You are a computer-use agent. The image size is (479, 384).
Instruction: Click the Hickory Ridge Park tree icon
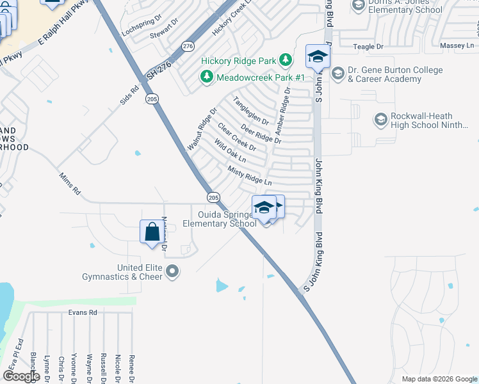285,61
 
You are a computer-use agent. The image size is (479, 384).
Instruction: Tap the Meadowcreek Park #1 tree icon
207,77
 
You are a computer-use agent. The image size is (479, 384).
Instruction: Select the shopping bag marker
152,232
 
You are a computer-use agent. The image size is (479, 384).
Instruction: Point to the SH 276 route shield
188,46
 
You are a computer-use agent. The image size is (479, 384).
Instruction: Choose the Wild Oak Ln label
230,151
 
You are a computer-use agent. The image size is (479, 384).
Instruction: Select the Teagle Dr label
369,47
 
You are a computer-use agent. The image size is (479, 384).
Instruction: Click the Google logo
22,376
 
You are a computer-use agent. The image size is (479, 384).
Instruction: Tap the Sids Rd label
129,96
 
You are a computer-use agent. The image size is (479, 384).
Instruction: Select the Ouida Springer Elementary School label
219,220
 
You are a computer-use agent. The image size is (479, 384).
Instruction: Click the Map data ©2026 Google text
439,379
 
